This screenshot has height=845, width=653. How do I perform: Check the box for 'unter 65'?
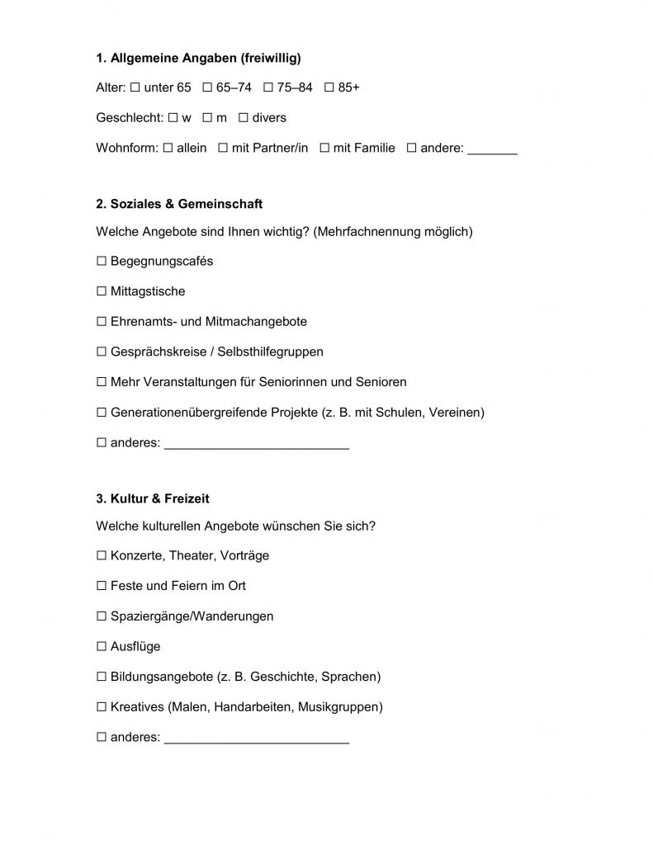point(135,87)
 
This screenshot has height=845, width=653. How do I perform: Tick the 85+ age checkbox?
point(329,87)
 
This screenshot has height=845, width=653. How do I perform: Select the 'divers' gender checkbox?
point(244,118)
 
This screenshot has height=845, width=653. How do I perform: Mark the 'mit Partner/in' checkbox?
point(223,149)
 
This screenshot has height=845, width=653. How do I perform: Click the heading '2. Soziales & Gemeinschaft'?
point(179,204)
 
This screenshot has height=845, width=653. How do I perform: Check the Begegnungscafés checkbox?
point(102,262)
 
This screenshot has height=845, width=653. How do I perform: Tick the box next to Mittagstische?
point(102,291)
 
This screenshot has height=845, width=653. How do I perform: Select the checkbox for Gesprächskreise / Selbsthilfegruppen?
point(102,352)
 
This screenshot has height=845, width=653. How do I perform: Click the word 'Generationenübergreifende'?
point(189,413)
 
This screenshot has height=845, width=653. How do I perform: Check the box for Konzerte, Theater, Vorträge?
point(102,556)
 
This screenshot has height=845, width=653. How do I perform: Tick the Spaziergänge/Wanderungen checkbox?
point(102,616)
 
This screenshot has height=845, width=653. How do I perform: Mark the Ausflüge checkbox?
point(102,647)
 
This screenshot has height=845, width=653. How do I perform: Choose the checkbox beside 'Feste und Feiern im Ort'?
point(102,586)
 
